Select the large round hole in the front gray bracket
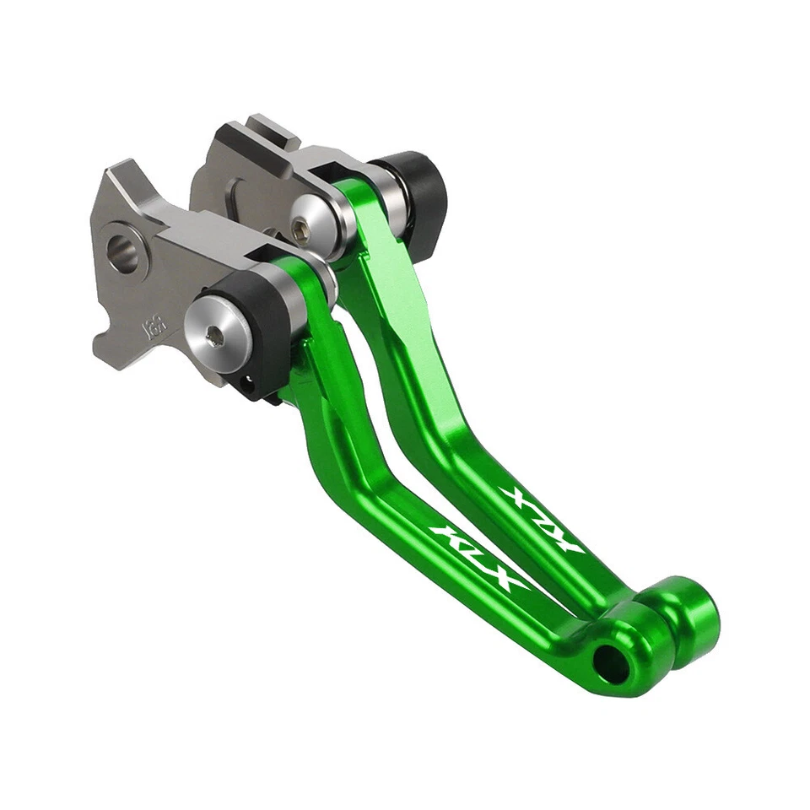point(121,252)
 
